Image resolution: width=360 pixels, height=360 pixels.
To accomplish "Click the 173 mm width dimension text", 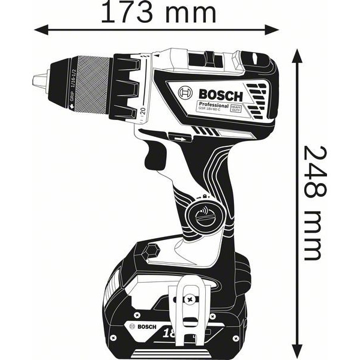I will [x=157, y=12].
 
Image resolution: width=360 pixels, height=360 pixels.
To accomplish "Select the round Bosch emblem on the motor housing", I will [x=186, y=94].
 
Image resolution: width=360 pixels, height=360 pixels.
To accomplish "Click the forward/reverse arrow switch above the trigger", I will [x=179, y=137].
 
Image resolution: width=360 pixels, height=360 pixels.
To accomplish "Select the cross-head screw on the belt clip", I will [x=191, y=298].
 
